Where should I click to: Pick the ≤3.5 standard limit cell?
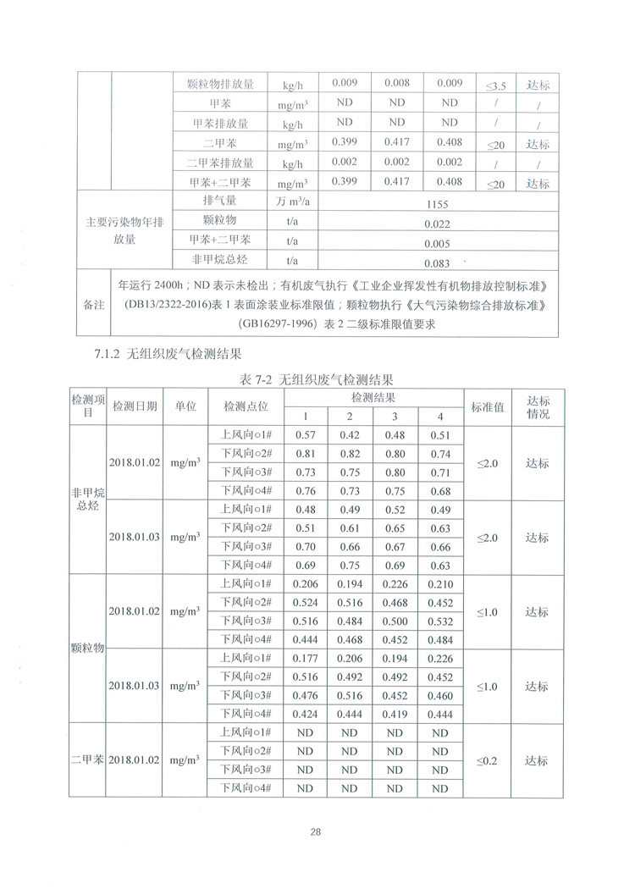tap(496, 86)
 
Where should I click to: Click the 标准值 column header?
tap(488, 406)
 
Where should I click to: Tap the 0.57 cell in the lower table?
tap(305, 435)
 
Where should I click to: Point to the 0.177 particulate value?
tap(305, 659)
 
